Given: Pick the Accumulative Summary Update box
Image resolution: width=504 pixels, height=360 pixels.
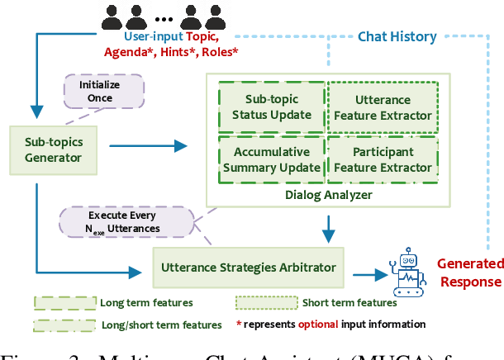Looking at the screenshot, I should [271, 159].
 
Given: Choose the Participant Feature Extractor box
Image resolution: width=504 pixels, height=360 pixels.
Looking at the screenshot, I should [382, 159].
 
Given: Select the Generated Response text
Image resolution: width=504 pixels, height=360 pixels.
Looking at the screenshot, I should [468, 272].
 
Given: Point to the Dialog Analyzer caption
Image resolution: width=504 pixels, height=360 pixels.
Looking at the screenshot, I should [327, 195].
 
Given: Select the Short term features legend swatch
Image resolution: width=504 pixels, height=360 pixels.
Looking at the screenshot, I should [264, 303].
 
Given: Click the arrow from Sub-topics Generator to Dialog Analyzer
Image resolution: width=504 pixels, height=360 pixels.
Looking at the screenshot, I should [149, 147].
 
